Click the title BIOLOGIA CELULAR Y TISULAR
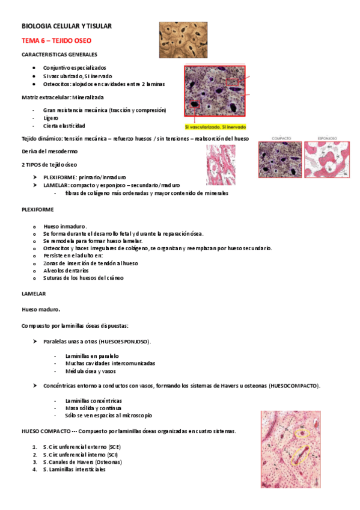pyautogui.click(x=67, y=26)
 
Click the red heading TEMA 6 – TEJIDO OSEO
pyautogui.click(x=56, y=40)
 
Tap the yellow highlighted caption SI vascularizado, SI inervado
pyautogui.click(x=215, y=127)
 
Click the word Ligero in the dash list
pyautogui.click(x=51, y=118)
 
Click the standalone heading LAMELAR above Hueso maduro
pyautogui.click(x=34, y=293)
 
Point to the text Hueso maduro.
pyautogui.click(x=40, y=310)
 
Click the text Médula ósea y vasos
pyautogui.click(x=91, y=371)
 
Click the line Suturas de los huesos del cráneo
pyautogui.click(x=84, y=278)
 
